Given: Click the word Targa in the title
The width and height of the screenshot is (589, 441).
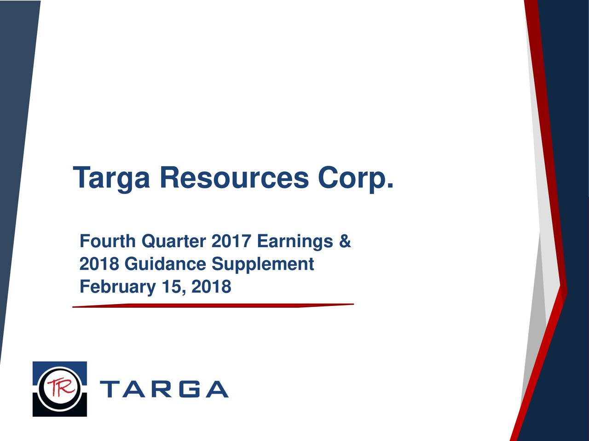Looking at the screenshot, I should (x=111, y=178).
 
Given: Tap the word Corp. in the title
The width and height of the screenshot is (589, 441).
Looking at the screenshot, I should (x=355, y=178).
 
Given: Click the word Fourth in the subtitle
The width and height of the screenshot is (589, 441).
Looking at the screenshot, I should (x=108, y=241).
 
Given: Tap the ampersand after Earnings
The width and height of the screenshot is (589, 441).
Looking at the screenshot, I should (x=345, y=241).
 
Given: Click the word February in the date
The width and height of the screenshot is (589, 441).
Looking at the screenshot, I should (x=117, y=288).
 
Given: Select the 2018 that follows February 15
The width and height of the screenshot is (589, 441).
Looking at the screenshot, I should (x=211, y=287).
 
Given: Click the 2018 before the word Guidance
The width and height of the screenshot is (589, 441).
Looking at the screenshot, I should (x=99, y=264).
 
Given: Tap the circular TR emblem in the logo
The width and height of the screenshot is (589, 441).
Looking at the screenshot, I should (x=59, y=389).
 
